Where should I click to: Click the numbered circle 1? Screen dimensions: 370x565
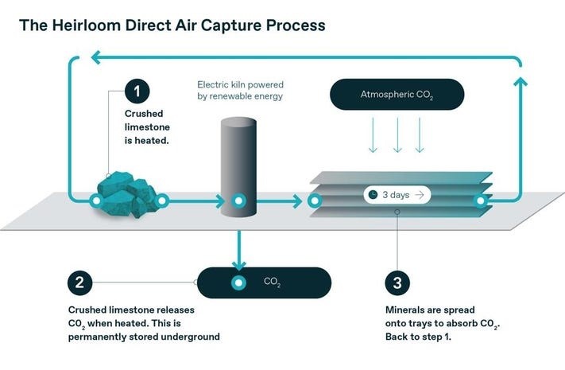[137, 91]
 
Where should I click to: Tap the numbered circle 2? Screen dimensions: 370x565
[82, 282]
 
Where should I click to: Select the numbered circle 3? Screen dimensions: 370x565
[398, 282]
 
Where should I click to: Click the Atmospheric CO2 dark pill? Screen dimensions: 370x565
[397, 95]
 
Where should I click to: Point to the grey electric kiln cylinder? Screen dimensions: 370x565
[238, 163]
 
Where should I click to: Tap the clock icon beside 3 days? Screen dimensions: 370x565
[371, 194]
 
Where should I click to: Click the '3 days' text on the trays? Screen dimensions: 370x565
[395, 194]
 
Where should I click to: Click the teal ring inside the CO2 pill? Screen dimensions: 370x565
[237, 282]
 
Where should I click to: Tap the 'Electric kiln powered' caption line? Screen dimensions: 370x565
[241, 84]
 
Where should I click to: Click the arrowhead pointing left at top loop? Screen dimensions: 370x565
[95, 56]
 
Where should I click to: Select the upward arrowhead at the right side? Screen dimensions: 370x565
[520, 82]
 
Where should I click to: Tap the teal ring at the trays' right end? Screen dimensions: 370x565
[480, 201]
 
